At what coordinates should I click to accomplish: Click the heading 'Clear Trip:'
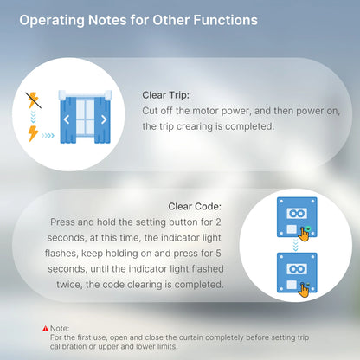tap(165, 95)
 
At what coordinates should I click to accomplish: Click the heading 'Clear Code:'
tap(195, 206)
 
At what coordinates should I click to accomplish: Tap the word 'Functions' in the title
tap(225, 20)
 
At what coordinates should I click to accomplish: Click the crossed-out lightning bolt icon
tap(33, 100)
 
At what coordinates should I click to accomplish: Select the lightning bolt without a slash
tap(33, 133)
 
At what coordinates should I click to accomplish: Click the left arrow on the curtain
tap(67, 119)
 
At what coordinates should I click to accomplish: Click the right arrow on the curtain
tap(104, 119)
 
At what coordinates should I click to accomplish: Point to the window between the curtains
tap(85, 118)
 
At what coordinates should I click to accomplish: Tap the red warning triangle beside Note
tap(46, 328)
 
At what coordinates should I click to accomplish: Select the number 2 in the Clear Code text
tap(218, 222)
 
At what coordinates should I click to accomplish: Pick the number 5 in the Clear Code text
tap(218, 254)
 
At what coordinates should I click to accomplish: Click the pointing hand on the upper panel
tap(304, 235)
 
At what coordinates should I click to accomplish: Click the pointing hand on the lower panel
tap(304, 290)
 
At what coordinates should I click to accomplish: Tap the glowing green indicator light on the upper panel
tap(308, 228)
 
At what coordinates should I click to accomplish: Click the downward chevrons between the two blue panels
tap(295, 245)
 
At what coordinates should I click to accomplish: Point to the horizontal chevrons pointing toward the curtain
tap(48, 135)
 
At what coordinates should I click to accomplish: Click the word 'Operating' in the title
tap(52, 21)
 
